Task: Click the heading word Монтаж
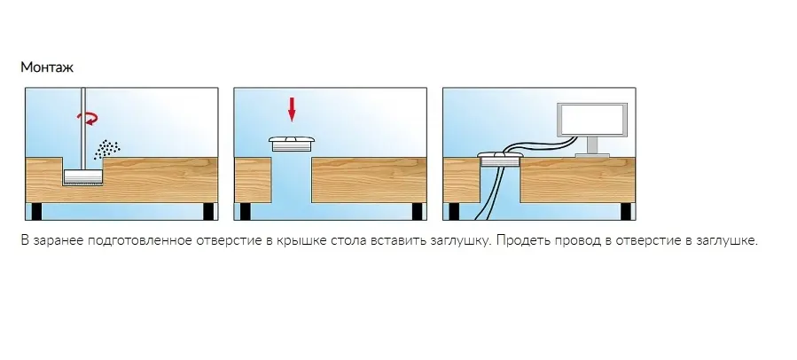coord(47,67)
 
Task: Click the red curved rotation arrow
coord(89,119)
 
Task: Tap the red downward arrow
coord(292,109)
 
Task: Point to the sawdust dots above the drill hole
coord(106,149)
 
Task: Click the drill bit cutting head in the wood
coord(83,176)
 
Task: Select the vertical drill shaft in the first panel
coord(83,129)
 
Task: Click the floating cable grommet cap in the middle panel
coord(293,143)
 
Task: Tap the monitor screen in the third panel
coord(593,121)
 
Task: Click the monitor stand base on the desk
coord(593,155)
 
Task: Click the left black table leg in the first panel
coord(36,211)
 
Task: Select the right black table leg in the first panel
coord(208,211)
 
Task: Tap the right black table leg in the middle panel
coord(417,211)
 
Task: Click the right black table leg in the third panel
coord(626,211)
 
